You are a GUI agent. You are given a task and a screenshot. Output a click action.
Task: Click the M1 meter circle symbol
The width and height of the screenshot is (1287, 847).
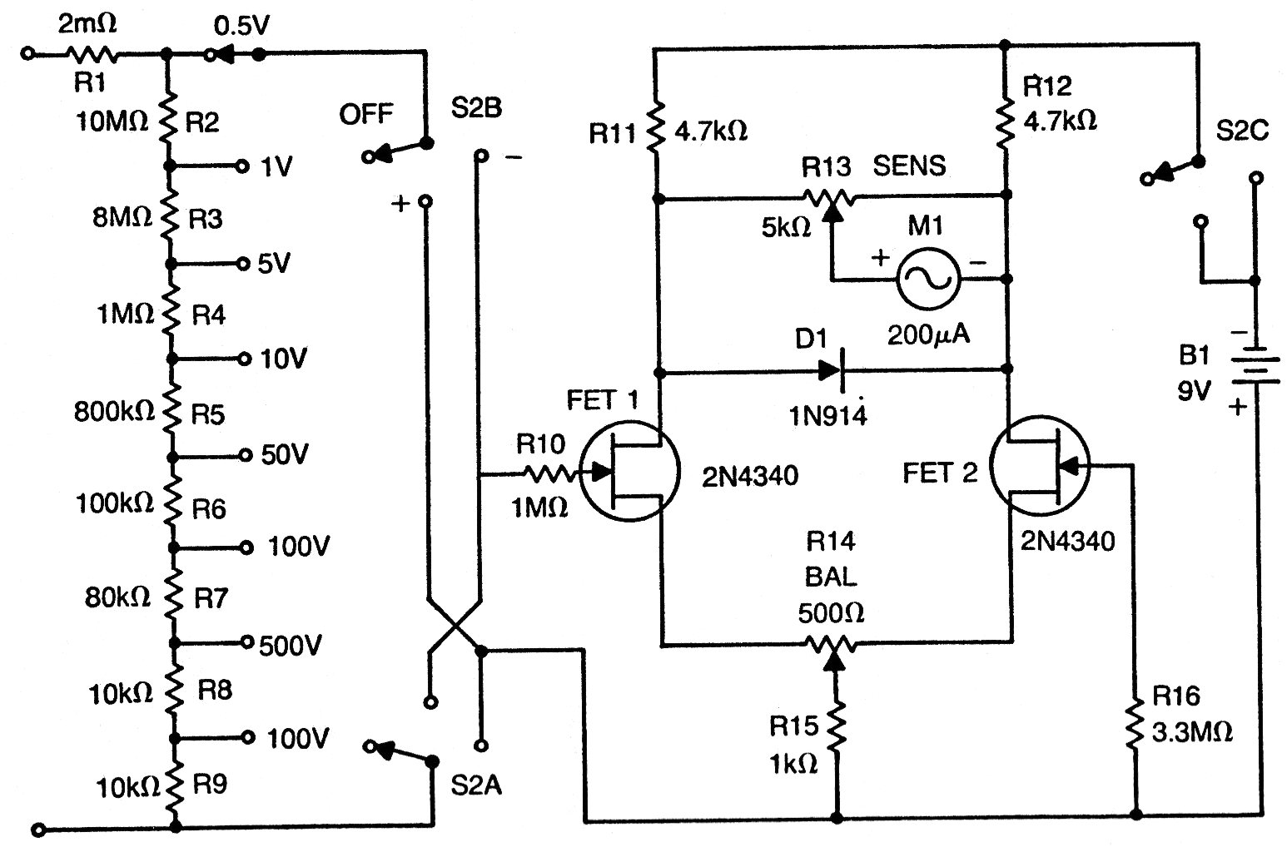pyautogui.click(x=927, y=280)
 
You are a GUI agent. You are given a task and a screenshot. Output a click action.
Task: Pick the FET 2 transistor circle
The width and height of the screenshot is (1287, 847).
pyautogui.click(x=1039, y=469)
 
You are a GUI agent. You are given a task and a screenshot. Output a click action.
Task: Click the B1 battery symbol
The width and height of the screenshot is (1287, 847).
pyautogui.click(x=1255, y=366)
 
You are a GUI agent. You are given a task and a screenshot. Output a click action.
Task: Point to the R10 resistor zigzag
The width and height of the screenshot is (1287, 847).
pyautogui.click(x=550, y=474)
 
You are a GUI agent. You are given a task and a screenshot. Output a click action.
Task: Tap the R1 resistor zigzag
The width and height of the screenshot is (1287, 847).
pyautogui.click(x=92, y=55)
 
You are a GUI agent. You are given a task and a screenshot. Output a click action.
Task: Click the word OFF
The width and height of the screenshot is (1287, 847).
pyautogui.click(x=365, y=114)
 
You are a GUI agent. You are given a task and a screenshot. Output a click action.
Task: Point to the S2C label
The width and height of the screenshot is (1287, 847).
pyautogui.click(x=1241, y=131)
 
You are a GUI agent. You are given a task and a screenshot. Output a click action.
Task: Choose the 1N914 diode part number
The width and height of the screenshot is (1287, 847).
pyautogui.click(x=829, y=414)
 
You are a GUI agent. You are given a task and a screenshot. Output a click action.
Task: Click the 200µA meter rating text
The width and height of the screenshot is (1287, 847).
pyautogui.click(x=928, y=334)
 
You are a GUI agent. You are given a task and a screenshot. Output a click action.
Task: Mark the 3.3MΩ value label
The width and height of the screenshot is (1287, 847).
pyautogui.click(x=1191, y=732)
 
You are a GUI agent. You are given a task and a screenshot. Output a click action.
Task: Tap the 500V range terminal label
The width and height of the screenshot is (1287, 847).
pyautogui.click(x=290, y=646)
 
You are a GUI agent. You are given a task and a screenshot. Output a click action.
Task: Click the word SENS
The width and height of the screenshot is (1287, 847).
pyautogui.click(x=909, y=166)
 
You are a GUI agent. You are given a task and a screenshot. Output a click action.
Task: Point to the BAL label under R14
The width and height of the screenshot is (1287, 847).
pyautogui.click(x=831, y=577)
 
